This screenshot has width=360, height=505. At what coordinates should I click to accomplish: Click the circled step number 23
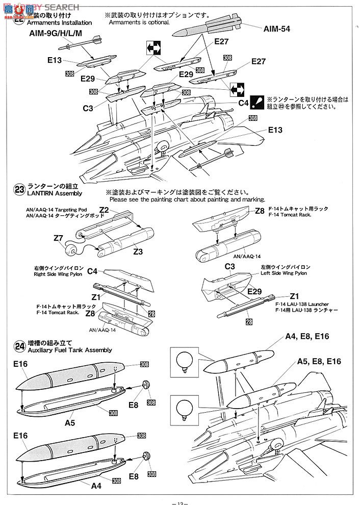19,190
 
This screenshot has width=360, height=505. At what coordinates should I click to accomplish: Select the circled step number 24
19,345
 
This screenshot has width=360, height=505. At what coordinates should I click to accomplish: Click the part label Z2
105,210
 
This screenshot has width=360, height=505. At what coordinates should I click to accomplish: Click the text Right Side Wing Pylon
54,274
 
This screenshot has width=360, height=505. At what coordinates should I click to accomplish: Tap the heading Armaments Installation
59,23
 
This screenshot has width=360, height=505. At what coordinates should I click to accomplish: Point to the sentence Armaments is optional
139,23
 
